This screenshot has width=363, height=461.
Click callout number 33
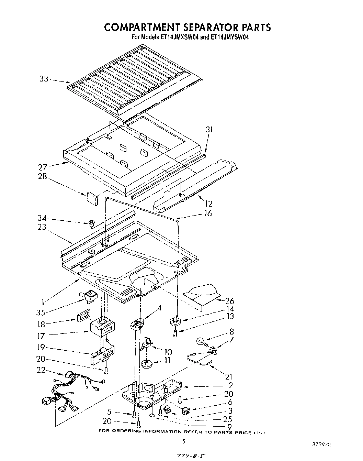click(x=43, y=79)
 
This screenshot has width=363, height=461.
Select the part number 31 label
click(x=209, y=130)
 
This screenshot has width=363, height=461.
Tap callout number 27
click(x=43, y=168)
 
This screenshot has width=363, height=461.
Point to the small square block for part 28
click(x=91, y=197)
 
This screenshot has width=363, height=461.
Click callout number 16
click(x=208, y=213)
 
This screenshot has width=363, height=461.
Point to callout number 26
click(x=229, y=301)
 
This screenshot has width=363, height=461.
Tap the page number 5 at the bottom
click(x=184, y=441)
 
